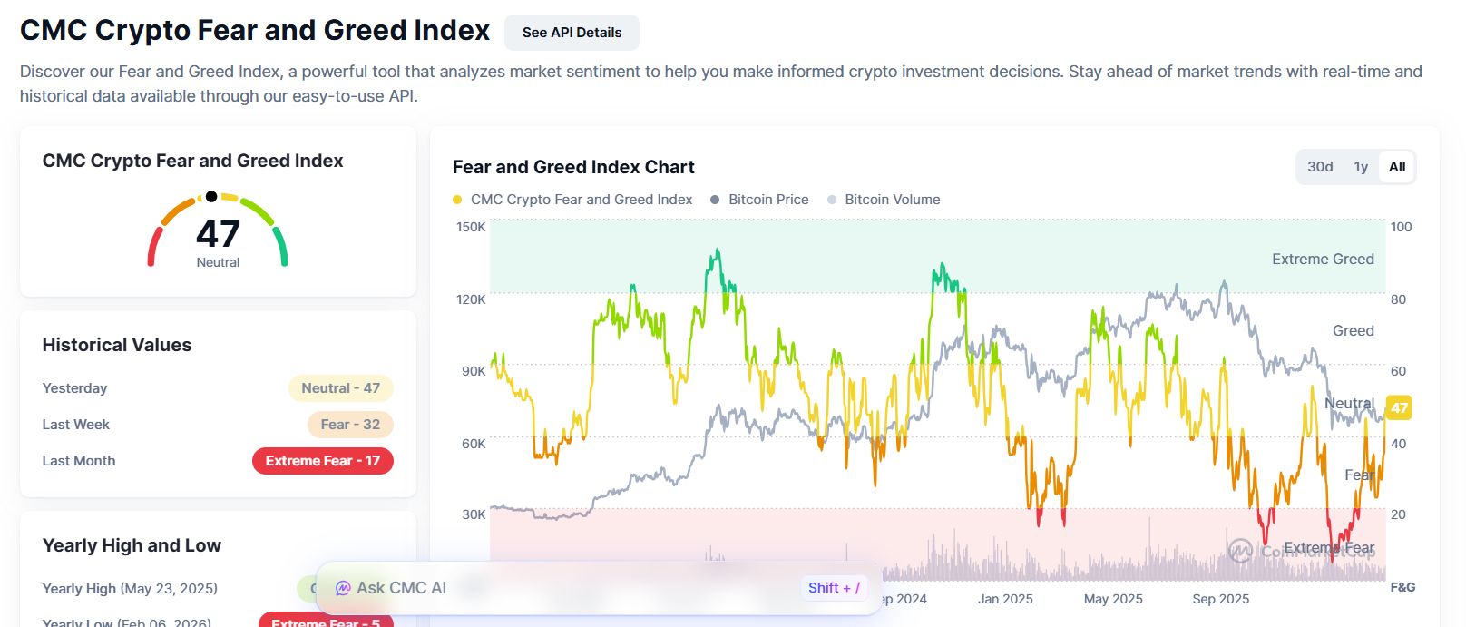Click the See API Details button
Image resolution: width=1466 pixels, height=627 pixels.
pyautogui.click(x=572, y=33)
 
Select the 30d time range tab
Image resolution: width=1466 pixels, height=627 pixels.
pyautogui.click(x=1320, y=167)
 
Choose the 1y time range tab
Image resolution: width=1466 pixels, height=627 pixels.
pyautogui.click(x=1361, y=167)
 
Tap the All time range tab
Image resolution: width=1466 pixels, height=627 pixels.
pyautogui.click(x=1397, y=167)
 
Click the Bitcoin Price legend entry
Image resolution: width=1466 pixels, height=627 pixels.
pyautogui.click(x=767, y=200)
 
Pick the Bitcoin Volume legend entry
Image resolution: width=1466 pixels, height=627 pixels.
pyautogui.click(x=892, y=200)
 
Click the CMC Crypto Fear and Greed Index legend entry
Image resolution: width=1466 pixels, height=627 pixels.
pyautogui.click(x=581, y=200)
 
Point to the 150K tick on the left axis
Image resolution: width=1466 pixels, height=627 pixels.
pyautogui.click(x=471, y=227)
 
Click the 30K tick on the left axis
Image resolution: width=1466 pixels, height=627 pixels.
pyautogui.click(x=474, y=514)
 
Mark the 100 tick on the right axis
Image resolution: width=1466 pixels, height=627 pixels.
pyautogui.click(x=1401, y=227)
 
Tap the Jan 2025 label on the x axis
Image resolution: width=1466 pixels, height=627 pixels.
pyautogui.click(x=1005, y=599)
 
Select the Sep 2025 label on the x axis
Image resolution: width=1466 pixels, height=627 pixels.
pyautogui.click(x=1220, y=599)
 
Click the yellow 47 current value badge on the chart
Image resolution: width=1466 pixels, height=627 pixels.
pyautogui.click(x=1399, y=407)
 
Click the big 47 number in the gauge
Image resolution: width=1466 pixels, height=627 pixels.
pyautogui.click(x=218, y=235)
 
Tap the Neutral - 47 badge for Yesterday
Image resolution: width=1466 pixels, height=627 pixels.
pyautogui.click(x=340, y=388)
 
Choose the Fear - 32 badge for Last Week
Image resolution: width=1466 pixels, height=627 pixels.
pyautogui.click(x=350, y=425)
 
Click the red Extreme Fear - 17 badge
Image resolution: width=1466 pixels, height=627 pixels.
pyautogui.click(x=322, y=461)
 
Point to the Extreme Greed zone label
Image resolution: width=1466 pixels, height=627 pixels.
pyautogui.click(x=1323, y=260)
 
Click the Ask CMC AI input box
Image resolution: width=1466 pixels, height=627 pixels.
pyautogui.click(x=562, y=588)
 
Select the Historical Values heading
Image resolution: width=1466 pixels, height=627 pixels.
pyautogui.click(x=117, y=345)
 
